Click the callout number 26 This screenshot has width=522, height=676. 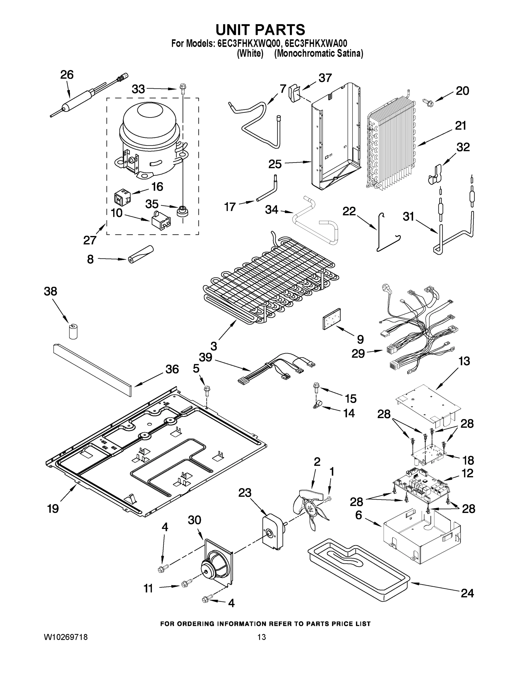pyautogui.click(x=66, y=75)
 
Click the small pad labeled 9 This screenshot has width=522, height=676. pyautogui.click(x=331, y=319)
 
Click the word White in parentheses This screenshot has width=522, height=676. pyautogui.click(x=250, y=54)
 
